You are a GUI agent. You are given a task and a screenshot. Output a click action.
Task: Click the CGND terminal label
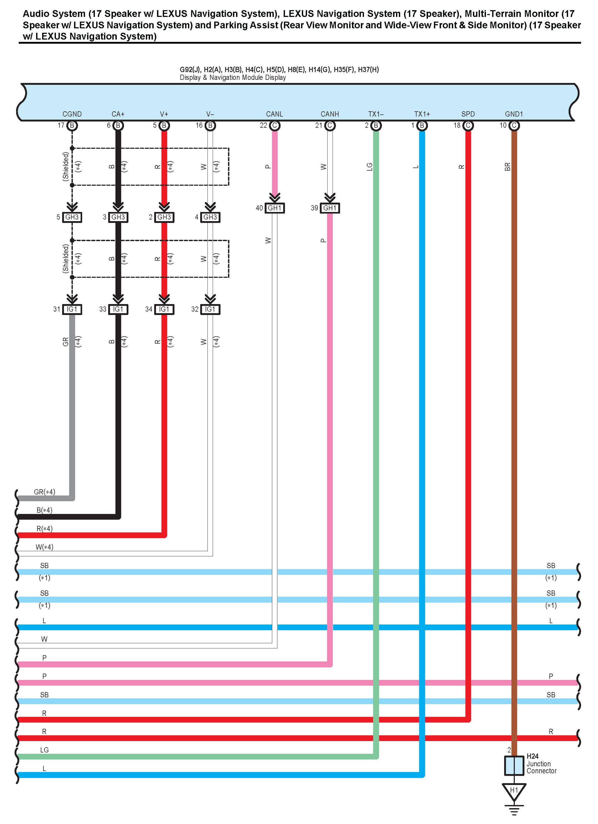coord(72,114)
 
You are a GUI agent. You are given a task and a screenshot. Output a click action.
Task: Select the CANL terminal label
coord(274,114)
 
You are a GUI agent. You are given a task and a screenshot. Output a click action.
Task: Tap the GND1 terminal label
coord(514,114)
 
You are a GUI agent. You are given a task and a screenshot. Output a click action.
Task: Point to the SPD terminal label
coord(468,114)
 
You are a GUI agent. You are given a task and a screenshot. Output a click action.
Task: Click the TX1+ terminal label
coord(422,114)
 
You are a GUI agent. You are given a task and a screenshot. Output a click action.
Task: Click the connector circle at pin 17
coord(72,126)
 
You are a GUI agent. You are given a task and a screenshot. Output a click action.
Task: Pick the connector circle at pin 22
coord(275,126)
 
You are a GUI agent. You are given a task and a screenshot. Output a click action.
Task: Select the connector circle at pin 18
coord(468,126)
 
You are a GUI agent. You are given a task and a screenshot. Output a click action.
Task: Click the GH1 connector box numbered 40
coord(275,208)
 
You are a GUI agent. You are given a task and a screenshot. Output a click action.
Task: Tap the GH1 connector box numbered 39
coord(330,208)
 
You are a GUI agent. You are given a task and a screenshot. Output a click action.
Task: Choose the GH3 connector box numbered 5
coord(72,217)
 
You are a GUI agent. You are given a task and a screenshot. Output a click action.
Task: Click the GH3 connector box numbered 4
coord(210,217)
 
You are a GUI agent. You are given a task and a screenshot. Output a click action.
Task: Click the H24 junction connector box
coord(514,765)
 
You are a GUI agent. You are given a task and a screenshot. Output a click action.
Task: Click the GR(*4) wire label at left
coord(44,492)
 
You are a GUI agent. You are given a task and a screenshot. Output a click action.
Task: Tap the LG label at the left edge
coord(44,750)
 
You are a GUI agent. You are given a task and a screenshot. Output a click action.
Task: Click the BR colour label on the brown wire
coord(508,167)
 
